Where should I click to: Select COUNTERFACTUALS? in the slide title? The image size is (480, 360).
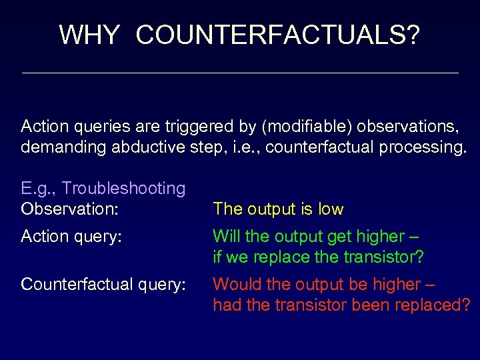(x=278, y=34)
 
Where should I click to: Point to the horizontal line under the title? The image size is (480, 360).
(x=240, y=73)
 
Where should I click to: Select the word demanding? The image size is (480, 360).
(x=55, y=146)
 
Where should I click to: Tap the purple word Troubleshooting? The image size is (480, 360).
(x=124, y=189)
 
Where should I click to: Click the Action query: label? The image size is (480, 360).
(x=71, y=237)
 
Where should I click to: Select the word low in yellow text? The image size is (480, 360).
(x=331, y=209)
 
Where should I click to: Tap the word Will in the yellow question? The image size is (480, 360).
(x=225, y=237)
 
